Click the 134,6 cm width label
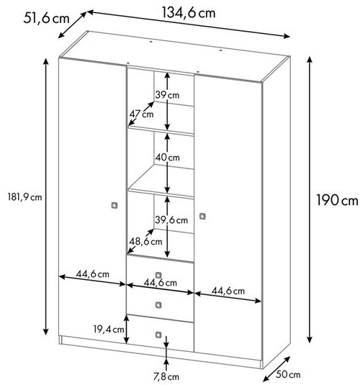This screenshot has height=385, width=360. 189,13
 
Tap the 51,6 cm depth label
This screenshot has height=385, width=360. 47,19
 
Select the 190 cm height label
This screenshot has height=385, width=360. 337,200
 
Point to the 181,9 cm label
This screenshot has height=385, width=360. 24,197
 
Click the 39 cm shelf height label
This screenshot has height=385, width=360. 167,95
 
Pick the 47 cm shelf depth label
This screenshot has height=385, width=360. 141,114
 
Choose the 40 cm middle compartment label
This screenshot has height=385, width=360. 167,157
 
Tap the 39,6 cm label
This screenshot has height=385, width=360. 171,219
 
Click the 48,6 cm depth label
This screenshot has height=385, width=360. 145,242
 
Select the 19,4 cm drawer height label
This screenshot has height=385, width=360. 109,330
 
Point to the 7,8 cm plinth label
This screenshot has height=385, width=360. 166,376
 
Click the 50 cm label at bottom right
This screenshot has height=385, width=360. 288,374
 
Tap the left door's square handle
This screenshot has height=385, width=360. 114,205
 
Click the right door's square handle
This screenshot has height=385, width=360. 202,217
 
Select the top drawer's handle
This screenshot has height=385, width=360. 158,275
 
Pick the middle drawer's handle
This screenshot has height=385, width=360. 158,305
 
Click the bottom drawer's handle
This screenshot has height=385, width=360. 158,335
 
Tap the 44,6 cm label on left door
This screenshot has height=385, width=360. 92,273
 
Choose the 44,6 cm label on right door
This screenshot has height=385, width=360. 228,291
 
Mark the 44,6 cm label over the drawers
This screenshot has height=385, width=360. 161,283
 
